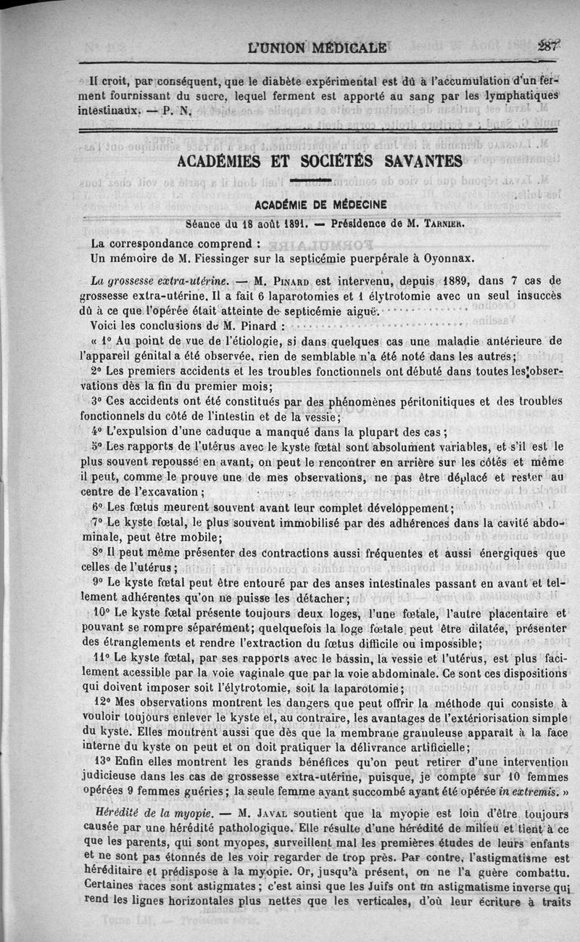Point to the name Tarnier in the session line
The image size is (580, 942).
click(442, 224)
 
